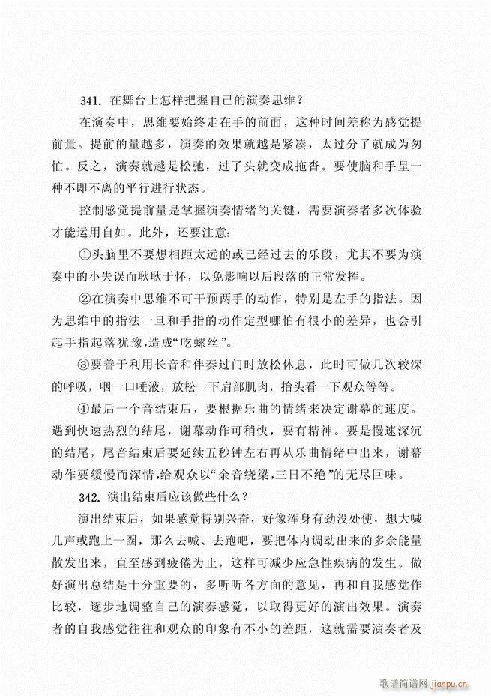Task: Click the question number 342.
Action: pos(91,496)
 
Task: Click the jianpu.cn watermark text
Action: pos(447,679)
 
